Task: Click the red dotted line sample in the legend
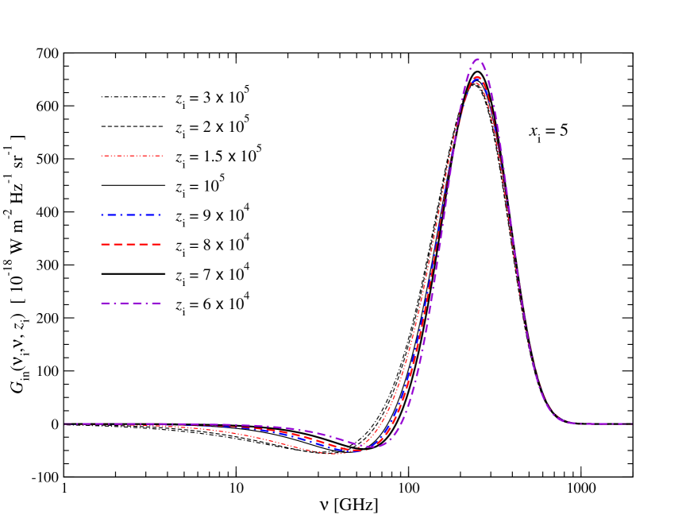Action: tap(132, 156)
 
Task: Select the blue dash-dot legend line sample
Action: tap(132, 215)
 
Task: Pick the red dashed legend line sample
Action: tap(132, 244)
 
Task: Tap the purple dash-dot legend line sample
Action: tap(132, 303)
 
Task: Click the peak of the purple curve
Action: tap(478, 59)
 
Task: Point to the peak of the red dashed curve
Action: tap(476, 77)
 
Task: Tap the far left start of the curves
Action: tap(64, 424)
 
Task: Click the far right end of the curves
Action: tap(633, 424)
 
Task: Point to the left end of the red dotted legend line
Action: tap(102, 156)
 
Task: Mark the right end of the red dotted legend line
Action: tap(163, 156)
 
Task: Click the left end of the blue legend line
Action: tap(102, 215)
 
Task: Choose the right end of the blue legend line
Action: tap(162, 215)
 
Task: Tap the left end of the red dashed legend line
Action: tap(102, 244)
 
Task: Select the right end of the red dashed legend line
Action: tap(162, 244)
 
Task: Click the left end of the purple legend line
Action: tap(102, 303)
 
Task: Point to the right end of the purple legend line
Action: tap(162, 303)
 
